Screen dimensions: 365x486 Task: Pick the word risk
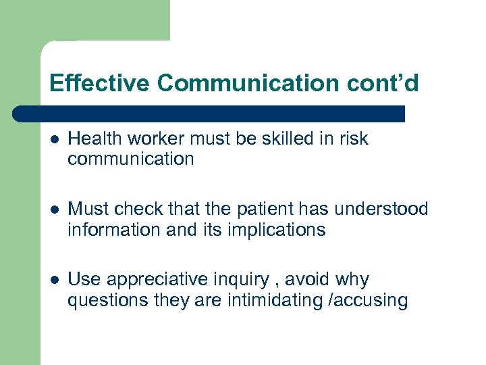(354, 139)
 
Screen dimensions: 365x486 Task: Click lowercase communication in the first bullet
(131, 160)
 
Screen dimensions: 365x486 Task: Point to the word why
(354, 279)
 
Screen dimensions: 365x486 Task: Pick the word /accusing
(369, 300)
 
